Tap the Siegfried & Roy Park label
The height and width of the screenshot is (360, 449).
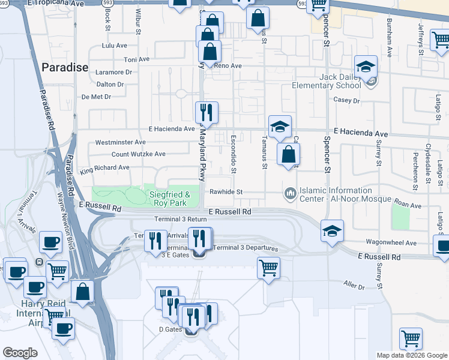coord(169,198)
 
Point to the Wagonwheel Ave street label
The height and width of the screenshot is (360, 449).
coord(391,243)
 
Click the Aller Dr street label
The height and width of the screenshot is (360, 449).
coord(354,286)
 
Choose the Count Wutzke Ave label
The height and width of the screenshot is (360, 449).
coord(138,154)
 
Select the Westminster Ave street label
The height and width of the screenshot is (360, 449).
coord(120,142)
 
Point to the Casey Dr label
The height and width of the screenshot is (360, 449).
coord(346,101)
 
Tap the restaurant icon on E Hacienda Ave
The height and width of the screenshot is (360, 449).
coord(206,112)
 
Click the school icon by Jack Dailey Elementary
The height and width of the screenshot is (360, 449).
coord(366,67)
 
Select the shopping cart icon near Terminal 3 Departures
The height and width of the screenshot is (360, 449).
coord(268,267)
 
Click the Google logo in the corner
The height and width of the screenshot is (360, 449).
coord(20,352)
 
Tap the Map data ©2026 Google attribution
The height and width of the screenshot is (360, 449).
coord(411,355)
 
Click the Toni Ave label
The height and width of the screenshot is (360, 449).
coord(136,59)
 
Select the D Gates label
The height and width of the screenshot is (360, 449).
coord(170,329)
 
